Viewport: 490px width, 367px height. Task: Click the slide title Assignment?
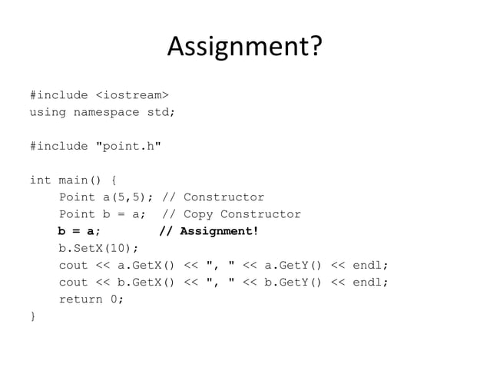pyautogui.click(x=244, y=48)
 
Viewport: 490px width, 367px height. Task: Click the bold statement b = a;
pyautogui.click(x=79, y=231)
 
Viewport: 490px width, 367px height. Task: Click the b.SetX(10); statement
pyautogui.click(x=99, y=248)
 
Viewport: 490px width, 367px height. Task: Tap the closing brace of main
pyautogui.click(x=32, y=316)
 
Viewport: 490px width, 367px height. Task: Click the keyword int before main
pyautogui.click(x=40, y=180)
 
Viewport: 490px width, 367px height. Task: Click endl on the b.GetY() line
pyautogui.click(x=369, y=282)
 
